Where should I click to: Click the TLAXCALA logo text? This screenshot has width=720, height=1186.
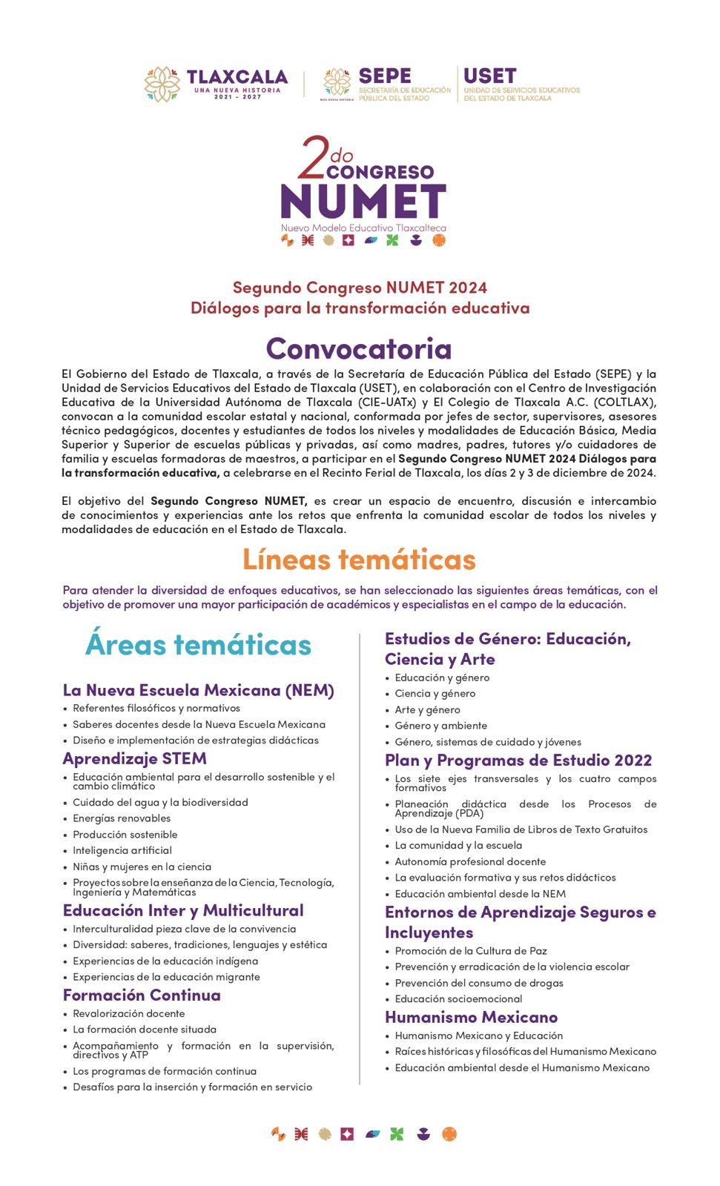click(237, 77)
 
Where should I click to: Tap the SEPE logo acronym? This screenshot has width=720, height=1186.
click(384, 76)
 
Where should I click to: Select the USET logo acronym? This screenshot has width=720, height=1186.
click(489, 76)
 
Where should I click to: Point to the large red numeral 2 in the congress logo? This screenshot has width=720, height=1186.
click(313, 158)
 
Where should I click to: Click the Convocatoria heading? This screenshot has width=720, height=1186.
click(359, 348)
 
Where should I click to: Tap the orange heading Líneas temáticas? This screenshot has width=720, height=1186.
click(359, 559)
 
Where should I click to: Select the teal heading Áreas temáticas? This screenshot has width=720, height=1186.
click(198, 644)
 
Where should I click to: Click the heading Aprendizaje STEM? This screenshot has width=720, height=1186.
click(134, 758)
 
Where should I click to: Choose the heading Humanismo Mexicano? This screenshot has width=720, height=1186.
click(471, 1017)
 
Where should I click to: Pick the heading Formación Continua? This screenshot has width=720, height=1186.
click(142, 995)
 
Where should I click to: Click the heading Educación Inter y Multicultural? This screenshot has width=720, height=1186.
click(183, 910)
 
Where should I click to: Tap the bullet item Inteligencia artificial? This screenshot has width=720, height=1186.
click(122, 850)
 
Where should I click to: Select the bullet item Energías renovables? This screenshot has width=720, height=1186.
click(122, 818)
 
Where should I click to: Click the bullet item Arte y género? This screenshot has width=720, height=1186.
click(427, 709)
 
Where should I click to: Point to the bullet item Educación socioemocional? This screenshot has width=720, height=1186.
click(458, 998)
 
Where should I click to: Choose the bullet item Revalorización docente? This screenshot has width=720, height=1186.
click(129, 1013)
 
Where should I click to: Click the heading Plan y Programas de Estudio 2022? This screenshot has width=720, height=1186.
click(518, 760)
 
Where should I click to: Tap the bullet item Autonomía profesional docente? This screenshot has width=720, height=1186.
click(470, 861)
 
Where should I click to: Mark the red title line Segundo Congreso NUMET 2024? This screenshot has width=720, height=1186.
click(360, 288)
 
